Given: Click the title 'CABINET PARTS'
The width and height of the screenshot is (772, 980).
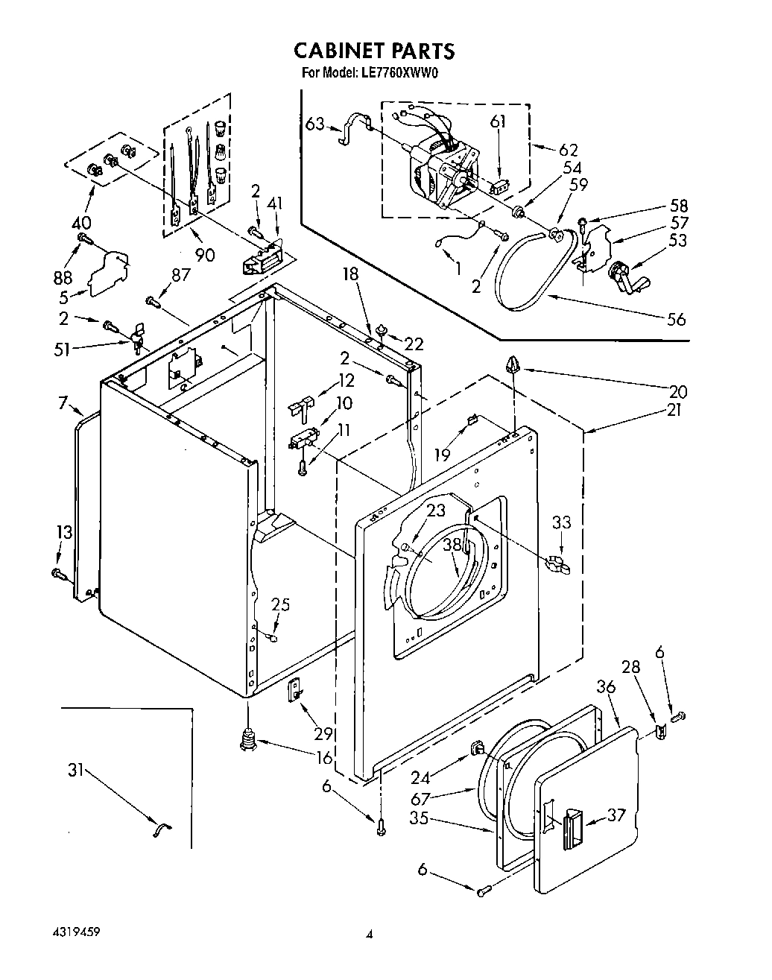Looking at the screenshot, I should click(x=373, y=51).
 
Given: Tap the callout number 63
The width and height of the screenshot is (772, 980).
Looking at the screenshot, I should click(x=314, y=123).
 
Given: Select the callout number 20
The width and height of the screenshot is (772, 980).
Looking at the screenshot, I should click(x=678, y=391).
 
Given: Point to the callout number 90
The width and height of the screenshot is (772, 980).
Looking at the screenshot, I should click(x=204, y=255).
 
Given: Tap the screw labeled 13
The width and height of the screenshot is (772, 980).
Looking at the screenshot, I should click(x=57, y=573).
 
